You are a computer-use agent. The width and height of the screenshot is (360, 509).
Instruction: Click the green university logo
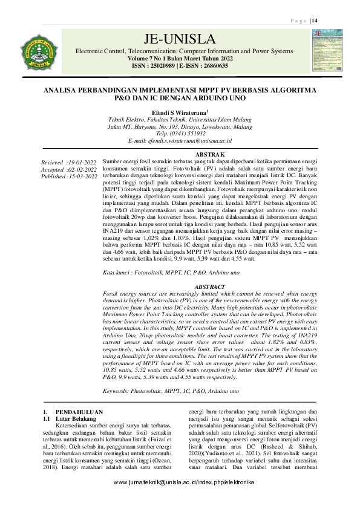click(x=39, y=50)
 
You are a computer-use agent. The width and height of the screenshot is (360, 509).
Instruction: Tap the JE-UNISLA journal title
click(x=180, y=40)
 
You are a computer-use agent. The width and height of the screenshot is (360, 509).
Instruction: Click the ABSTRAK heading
click(x=207, y=155)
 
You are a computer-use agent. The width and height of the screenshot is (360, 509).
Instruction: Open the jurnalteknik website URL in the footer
click(x=184, y=499)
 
